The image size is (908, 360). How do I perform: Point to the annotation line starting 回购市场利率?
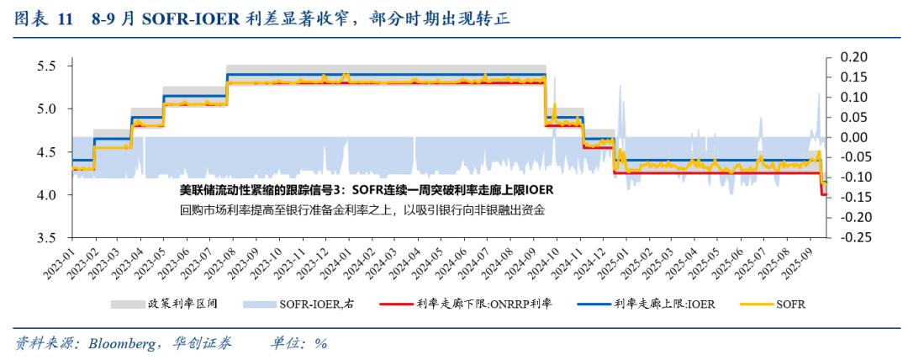tap(362, 210)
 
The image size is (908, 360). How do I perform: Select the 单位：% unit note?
tap(298, 343)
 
